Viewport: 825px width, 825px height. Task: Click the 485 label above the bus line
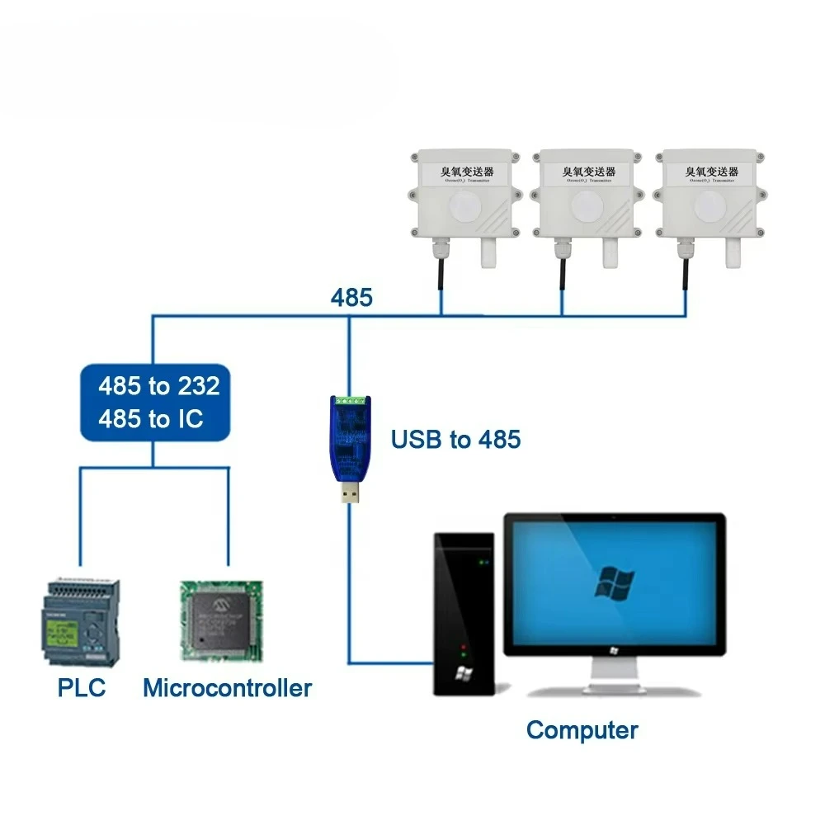[351, 298]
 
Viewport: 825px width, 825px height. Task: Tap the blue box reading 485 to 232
[154, 403]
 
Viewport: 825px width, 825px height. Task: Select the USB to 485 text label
[455, 440]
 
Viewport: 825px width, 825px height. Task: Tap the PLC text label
[82, 688]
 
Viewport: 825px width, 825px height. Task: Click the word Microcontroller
[227, 688]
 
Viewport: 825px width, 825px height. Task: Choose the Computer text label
[582, 730]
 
